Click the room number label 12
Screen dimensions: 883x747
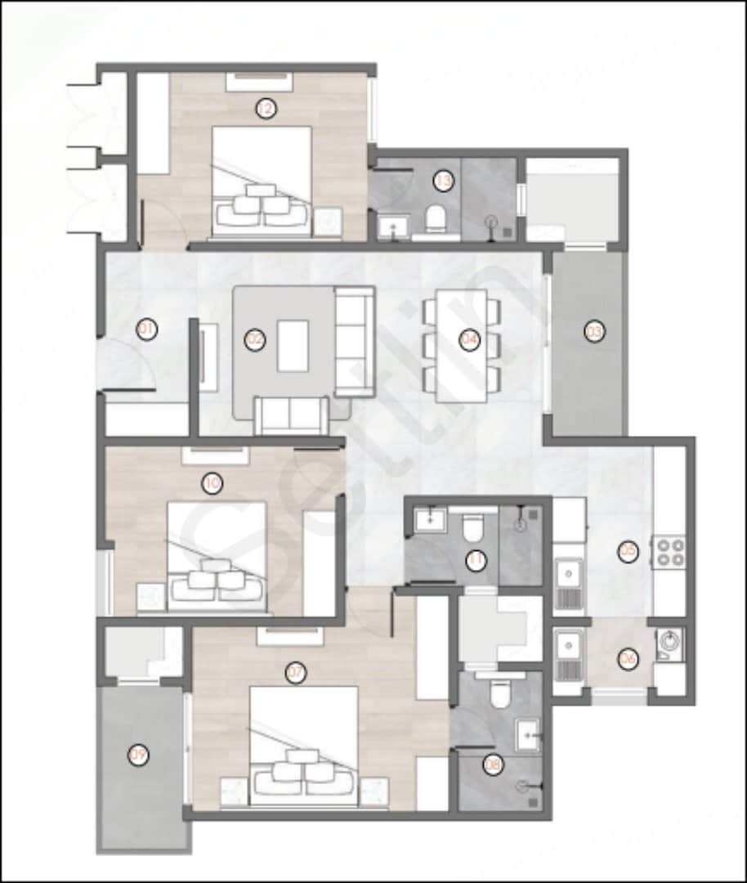point(263,109)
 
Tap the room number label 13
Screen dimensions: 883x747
point(443,182)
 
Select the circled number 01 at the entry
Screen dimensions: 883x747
point(146,330)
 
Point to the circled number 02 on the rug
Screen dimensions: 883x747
point(256,340)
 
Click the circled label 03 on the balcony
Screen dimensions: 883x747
point(594,332)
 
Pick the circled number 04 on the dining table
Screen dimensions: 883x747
point(468,341)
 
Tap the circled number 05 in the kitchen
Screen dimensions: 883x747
point(627,553)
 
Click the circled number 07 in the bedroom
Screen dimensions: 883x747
point(295,674)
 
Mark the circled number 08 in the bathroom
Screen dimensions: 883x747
point(492,764)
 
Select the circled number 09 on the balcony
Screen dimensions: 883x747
point(139,755)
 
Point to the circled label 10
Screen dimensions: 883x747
point(212,483)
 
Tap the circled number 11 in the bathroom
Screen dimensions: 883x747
point(476,561)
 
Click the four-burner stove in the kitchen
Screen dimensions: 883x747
point(668,552)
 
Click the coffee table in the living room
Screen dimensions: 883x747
point(293,345)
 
